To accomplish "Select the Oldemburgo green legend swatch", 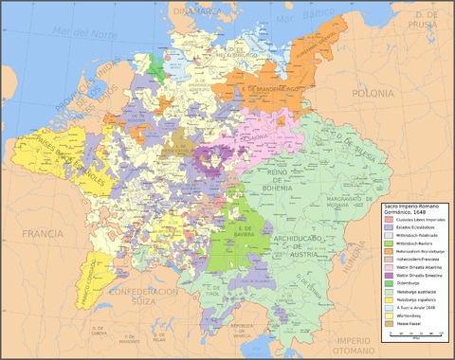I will click(388, 282).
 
